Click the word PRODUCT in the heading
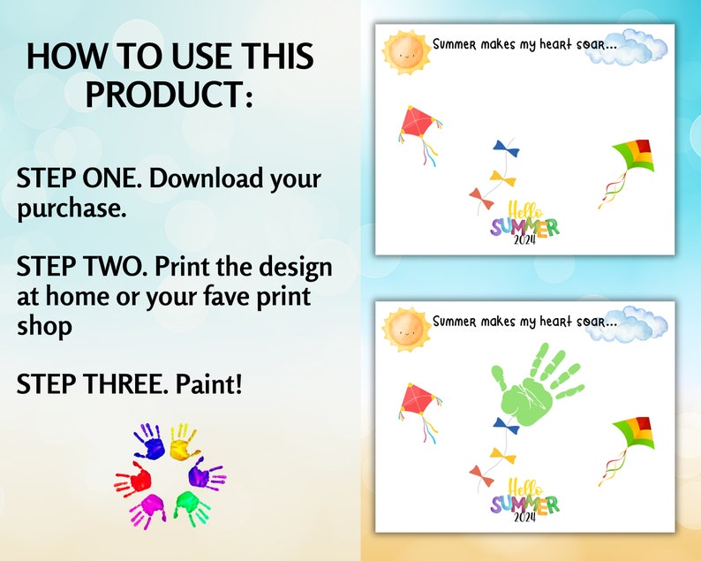tap(170, 95)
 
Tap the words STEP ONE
tap(78, 179)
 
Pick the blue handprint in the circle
tap(150, 440)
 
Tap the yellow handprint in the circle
tap(182, 438)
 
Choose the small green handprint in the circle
tap(190, 506)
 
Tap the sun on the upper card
tap(404, 50)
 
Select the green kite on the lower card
tap(634, 436)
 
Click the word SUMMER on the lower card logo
tap(524, 504)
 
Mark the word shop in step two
tap(44, 326)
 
